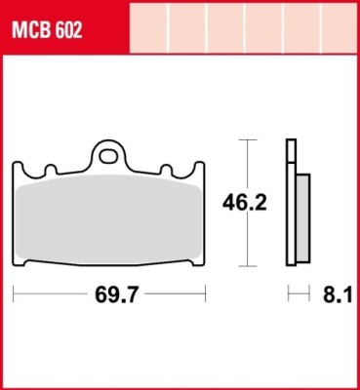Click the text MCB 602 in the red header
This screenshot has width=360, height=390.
(47, 31)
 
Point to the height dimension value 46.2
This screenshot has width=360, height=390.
(245, 203)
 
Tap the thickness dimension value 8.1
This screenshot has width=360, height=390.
(338, 295)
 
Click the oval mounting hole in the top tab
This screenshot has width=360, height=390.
(108, 157)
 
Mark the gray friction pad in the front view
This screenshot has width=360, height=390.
(108, 219)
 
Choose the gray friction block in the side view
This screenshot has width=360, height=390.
(303, 217)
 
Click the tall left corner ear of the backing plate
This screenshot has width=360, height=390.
(18, 169)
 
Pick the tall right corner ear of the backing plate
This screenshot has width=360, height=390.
(199, 169)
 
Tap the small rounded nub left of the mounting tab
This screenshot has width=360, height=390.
(51, 170)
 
